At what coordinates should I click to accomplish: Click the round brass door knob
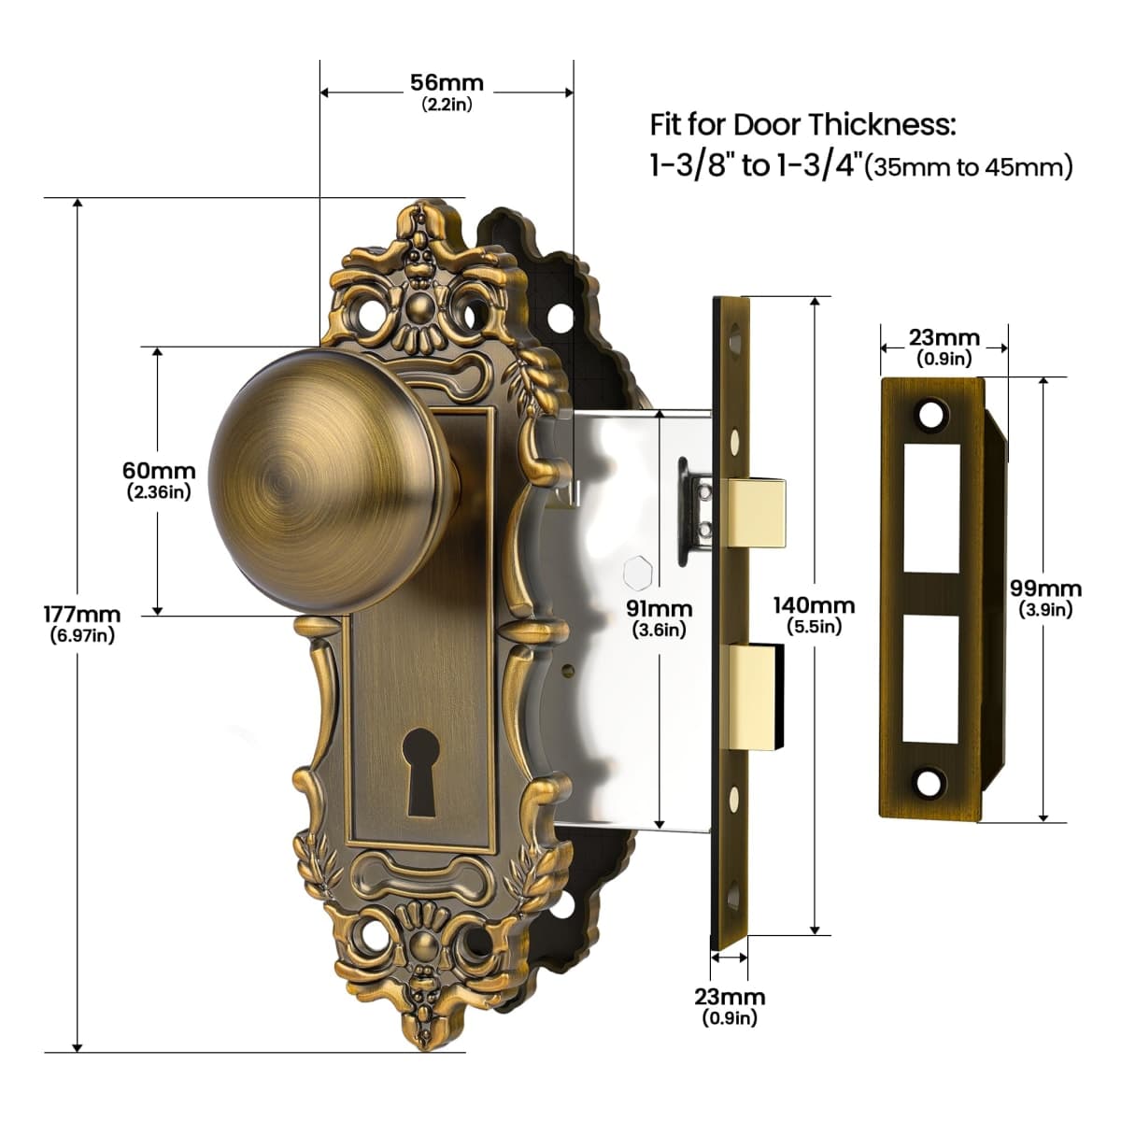(x=332, y=482)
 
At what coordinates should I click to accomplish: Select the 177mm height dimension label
(x=82, y=615)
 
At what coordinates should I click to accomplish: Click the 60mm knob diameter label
(x=159, y=470)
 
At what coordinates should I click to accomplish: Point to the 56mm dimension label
(x=447, y=82)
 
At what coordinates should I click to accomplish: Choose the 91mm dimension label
(x=660, y=608)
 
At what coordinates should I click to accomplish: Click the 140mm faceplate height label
(x=814, y=605)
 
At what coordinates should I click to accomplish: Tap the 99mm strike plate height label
(x=1045, y=589)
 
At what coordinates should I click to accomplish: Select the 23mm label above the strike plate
(x=944, y=337)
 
